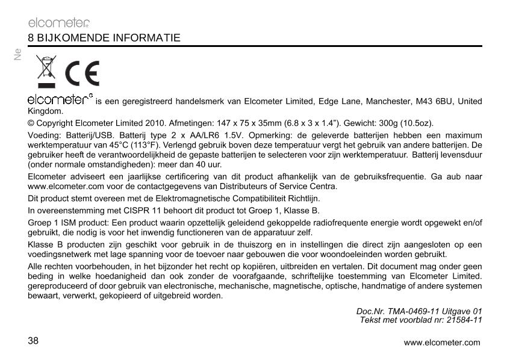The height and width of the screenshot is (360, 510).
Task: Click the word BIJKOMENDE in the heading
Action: (x=67, y=38)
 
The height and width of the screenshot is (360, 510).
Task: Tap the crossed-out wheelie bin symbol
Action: (x=45, y=72)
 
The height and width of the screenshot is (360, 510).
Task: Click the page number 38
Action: (x=33, y=341)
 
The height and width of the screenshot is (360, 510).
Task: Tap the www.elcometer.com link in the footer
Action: (x=442, y=343)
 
